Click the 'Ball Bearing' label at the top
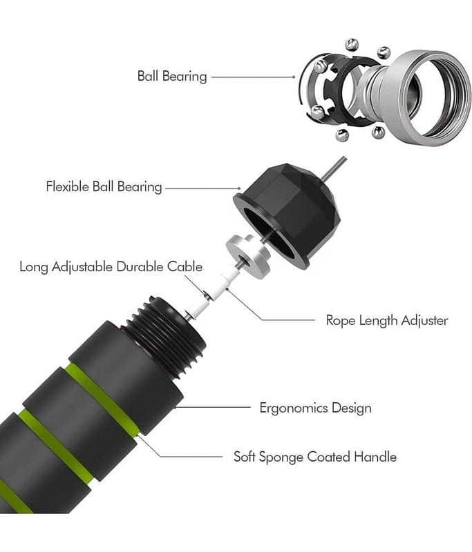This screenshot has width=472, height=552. (171, 76)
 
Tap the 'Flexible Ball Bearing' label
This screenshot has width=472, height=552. (104, 186)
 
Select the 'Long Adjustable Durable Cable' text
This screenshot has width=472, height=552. (111, 266)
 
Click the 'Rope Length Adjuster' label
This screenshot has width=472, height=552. (386, 320)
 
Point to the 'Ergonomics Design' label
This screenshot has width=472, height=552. (315, 407)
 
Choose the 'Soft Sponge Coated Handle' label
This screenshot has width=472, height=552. (314, 456)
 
